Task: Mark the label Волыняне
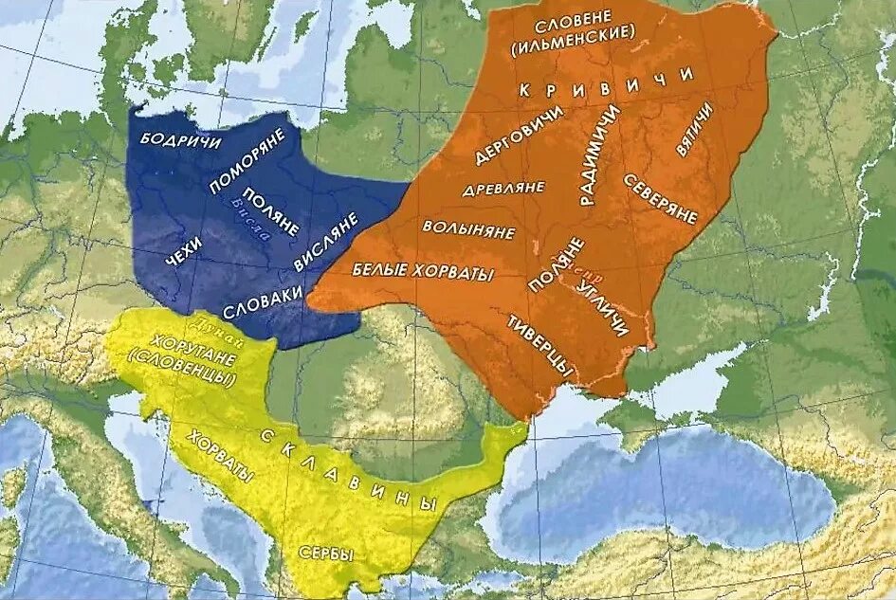(x=469, y=231)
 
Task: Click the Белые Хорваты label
(x=423, y=271)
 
